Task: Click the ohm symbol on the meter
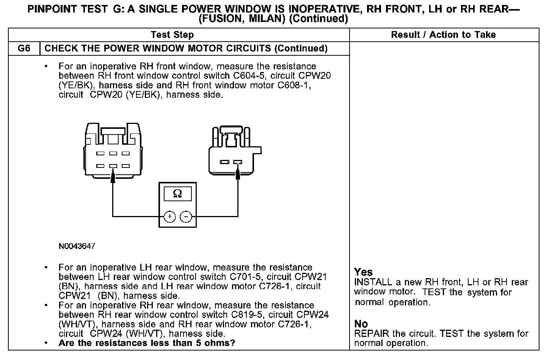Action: click(177, 194)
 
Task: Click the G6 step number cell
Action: click(24, 49)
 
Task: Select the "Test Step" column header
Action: click(172, 35)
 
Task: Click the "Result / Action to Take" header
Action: click(443, 35)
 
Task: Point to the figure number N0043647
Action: click(77, 246)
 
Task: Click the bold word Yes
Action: click(363, 272)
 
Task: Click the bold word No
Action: click(361, 324)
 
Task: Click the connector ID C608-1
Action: click(294, 85)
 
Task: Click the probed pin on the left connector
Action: click(113, 166)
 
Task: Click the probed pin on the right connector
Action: click(238, 162)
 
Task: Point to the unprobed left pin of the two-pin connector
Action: click(225, 162)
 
